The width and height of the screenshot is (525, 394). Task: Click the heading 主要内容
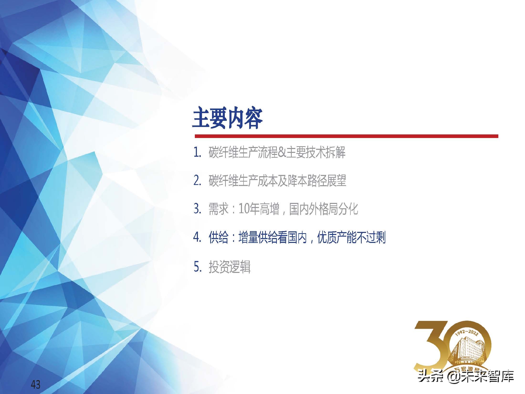click(x=227, y=118)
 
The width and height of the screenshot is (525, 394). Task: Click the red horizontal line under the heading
click(x=346, y=136)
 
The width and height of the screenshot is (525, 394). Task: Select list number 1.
click(x=197, y=153)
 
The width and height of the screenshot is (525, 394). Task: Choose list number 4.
click(x=197, y=237)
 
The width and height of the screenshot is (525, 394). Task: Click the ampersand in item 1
click(x=282, y=153)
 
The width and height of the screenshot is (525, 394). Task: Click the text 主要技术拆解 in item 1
click(x=316, y=152)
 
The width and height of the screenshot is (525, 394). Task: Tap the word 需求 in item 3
click(x=218, y=209)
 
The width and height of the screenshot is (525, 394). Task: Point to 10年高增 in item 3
click(x=259, y=209)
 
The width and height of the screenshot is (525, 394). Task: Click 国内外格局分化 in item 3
click(x=324, y=209)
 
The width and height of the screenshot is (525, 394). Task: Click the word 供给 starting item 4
click(x=218, y=237)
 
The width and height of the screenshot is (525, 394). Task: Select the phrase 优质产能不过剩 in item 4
click(x=351, y=237)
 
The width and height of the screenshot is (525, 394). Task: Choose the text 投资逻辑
click(x=230, y=267)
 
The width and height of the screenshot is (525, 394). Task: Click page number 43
click(x=36, y=385)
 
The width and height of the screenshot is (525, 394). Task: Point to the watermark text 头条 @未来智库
click(x=466, y=376)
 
